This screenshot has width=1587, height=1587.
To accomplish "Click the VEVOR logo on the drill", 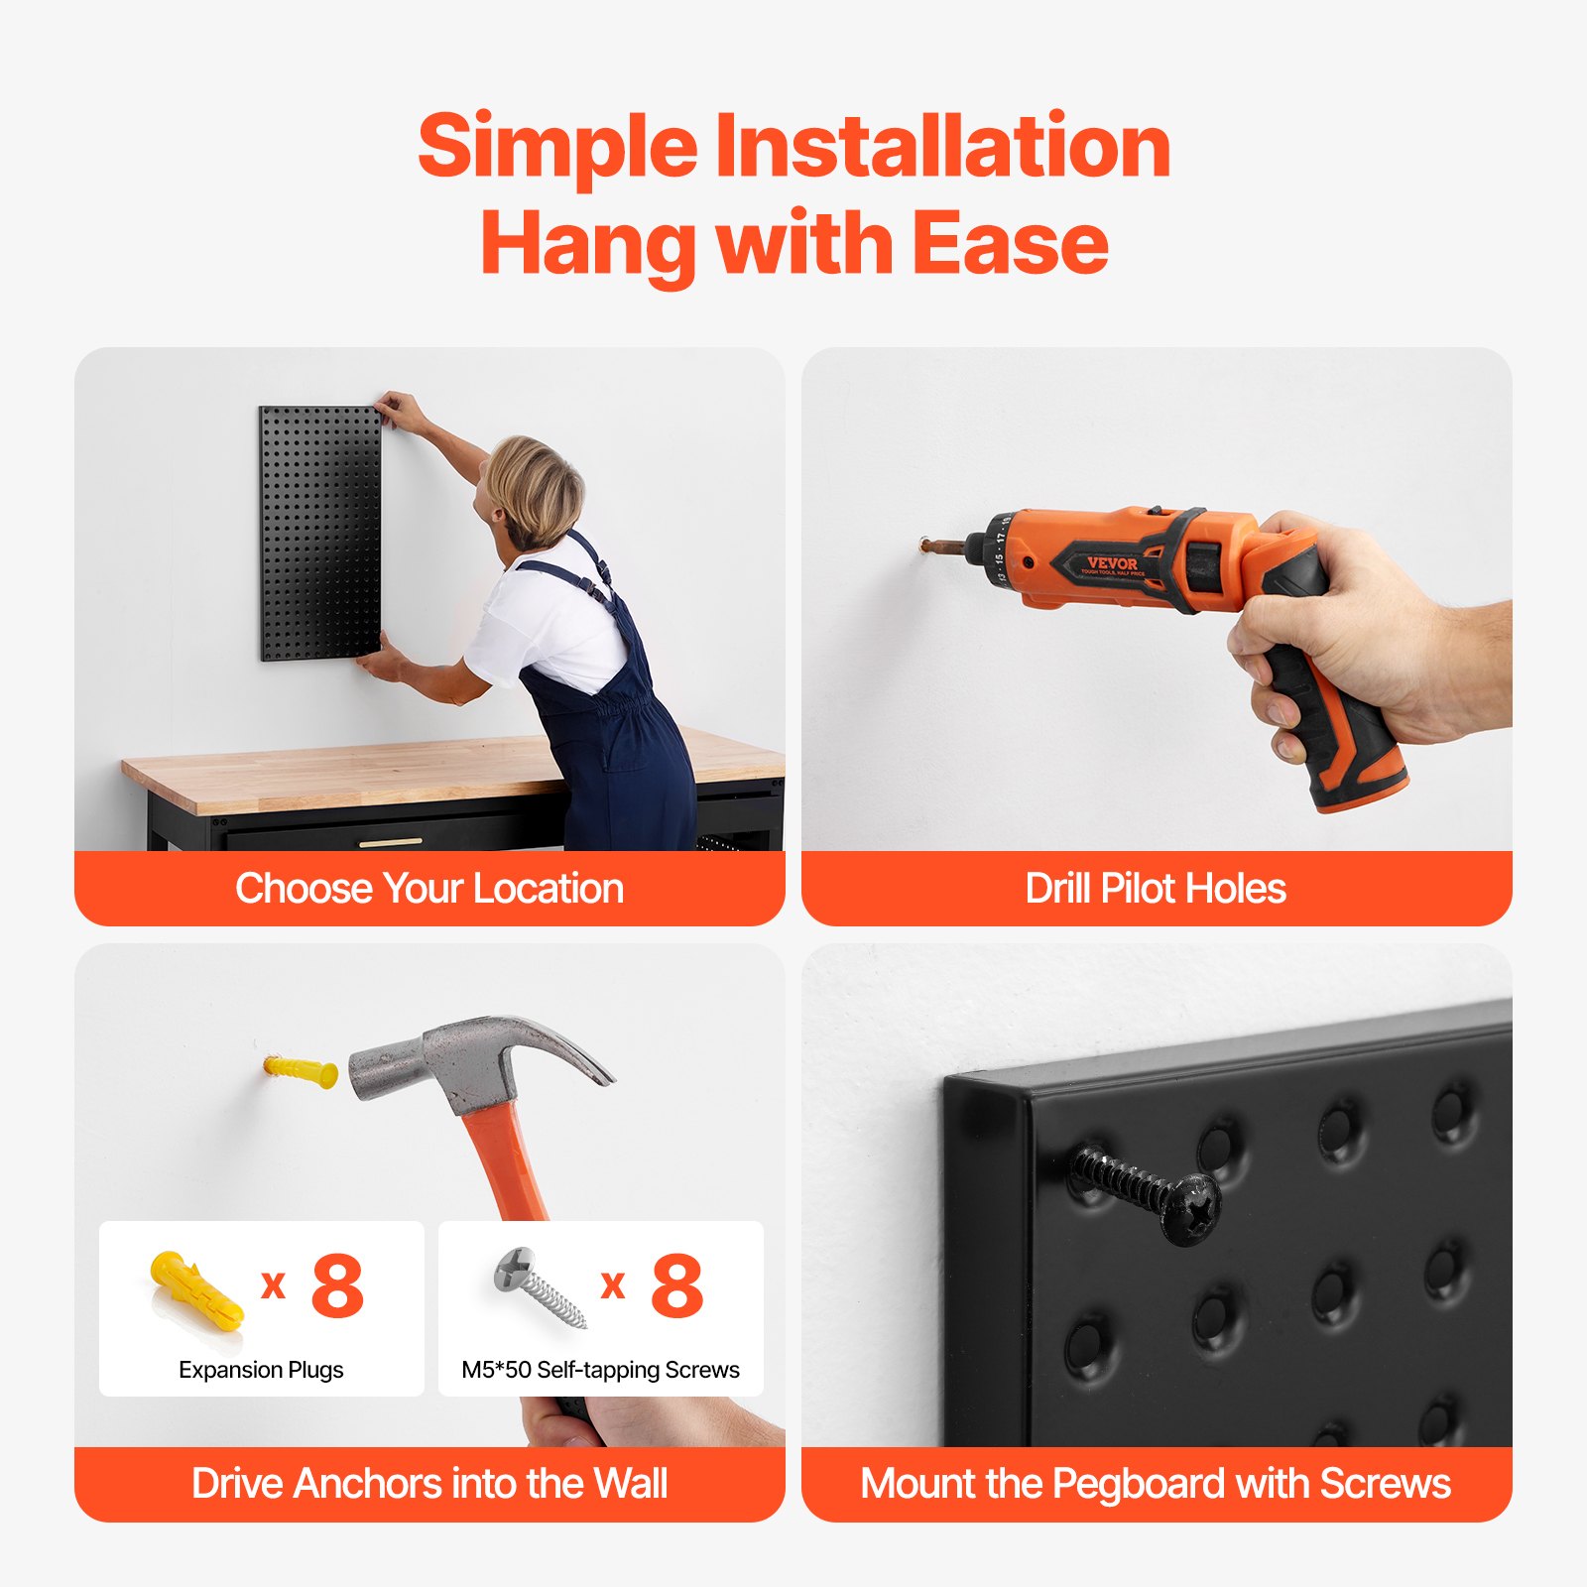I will pos(1111,563).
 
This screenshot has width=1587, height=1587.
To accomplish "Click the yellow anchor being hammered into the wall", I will pos(300,1071).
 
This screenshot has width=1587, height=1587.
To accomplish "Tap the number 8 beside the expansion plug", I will pos(337,1286).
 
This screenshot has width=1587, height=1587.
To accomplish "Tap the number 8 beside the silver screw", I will pos(677,1286).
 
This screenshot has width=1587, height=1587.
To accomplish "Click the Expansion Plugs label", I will pos(261,1370).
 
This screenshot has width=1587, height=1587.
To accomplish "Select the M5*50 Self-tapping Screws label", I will pos(600,1370).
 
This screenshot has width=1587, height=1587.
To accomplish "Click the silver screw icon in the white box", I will pos(541,1286).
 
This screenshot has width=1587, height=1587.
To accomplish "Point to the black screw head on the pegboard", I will pos(1193,1208).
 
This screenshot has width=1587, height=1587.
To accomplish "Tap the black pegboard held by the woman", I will pos(317,536).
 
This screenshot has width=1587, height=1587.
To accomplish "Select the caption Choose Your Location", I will pos(428,889).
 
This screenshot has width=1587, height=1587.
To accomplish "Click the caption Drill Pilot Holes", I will pos(1156,889).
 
